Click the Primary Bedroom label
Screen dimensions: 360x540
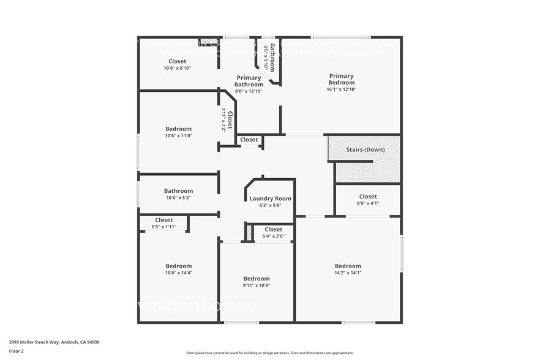coord(341,79)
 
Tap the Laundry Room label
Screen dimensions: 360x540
coord(270,198)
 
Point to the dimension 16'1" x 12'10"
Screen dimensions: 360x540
coord(341,89)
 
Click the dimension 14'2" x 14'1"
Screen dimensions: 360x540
coord(348,272)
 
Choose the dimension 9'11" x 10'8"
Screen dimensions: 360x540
coord(256,285)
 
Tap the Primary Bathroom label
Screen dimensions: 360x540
coord(249,81)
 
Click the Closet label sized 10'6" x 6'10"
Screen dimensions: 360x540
coord(178,61)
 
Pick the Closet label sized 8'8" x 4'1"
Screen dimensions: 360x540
coord(368,197)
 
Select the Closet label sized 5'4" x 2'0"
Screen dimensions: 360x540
coord(274,229)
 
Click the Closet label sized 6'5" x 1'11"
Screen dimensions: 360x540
coord(163,220)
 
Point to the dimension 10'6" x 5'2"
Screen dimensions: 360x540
coord(178,198)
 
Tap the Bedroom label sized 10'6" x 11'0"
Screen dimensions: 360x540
coord(178,129)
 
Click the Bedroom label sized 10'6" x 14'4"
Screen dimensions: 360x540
coord(178,266)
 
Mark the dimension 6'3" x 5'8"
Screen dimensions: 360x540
coord(270,206)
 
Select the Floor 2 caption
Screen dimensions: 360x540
coord(16,351)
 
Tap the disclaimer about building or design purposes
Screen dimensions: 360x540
coord(269,353)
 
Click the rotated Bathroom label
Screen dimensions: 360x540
coord(272,57)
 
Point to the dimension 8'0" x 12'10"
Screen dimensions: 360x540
coord(249,91)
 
